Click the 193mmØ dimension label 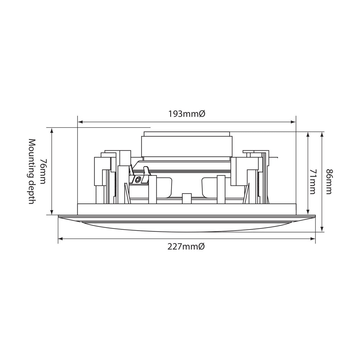click(187, 114)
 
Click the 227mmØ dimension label click(186, 247)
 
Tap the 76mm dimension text click(43, 171)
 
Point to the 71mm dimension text click(313, 182)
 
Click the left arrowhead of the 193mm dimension click(80, 122)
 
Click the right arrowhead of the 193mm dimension click(293, 122)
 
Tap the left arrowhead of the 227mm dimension click(61, 239)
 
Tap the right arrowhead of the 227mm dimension click(313, 239)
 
